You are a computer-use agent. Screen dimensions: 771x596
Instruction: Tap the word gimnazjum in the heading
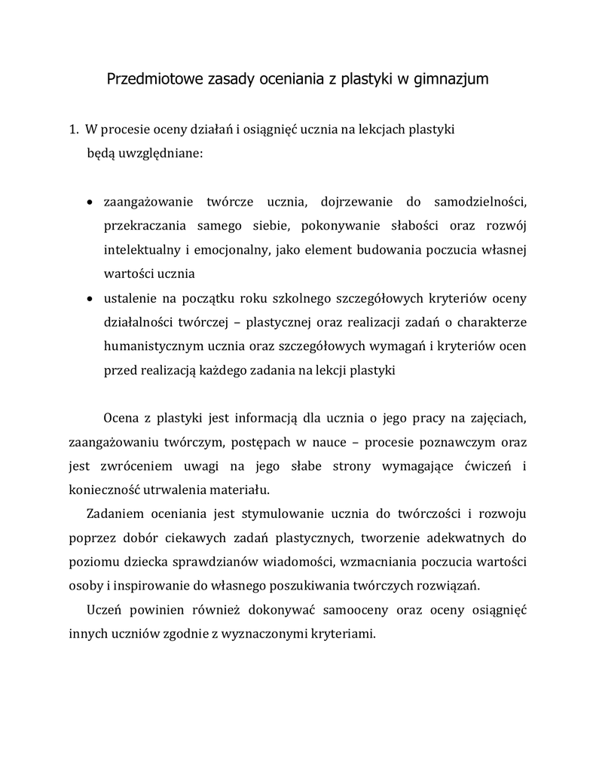452,78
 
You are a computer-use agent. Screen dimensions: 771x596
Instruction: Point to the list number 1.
73,130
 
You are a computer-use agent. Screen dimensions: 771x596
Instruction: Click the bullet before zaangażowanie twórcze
90,203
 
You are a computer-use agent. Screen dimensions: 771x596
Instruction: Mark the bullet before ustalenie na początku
90,299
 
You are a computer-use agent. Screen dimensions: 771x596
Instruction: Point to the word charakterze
488,322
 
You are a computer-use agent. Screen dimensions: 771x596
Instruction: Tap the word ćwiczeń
488,465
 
